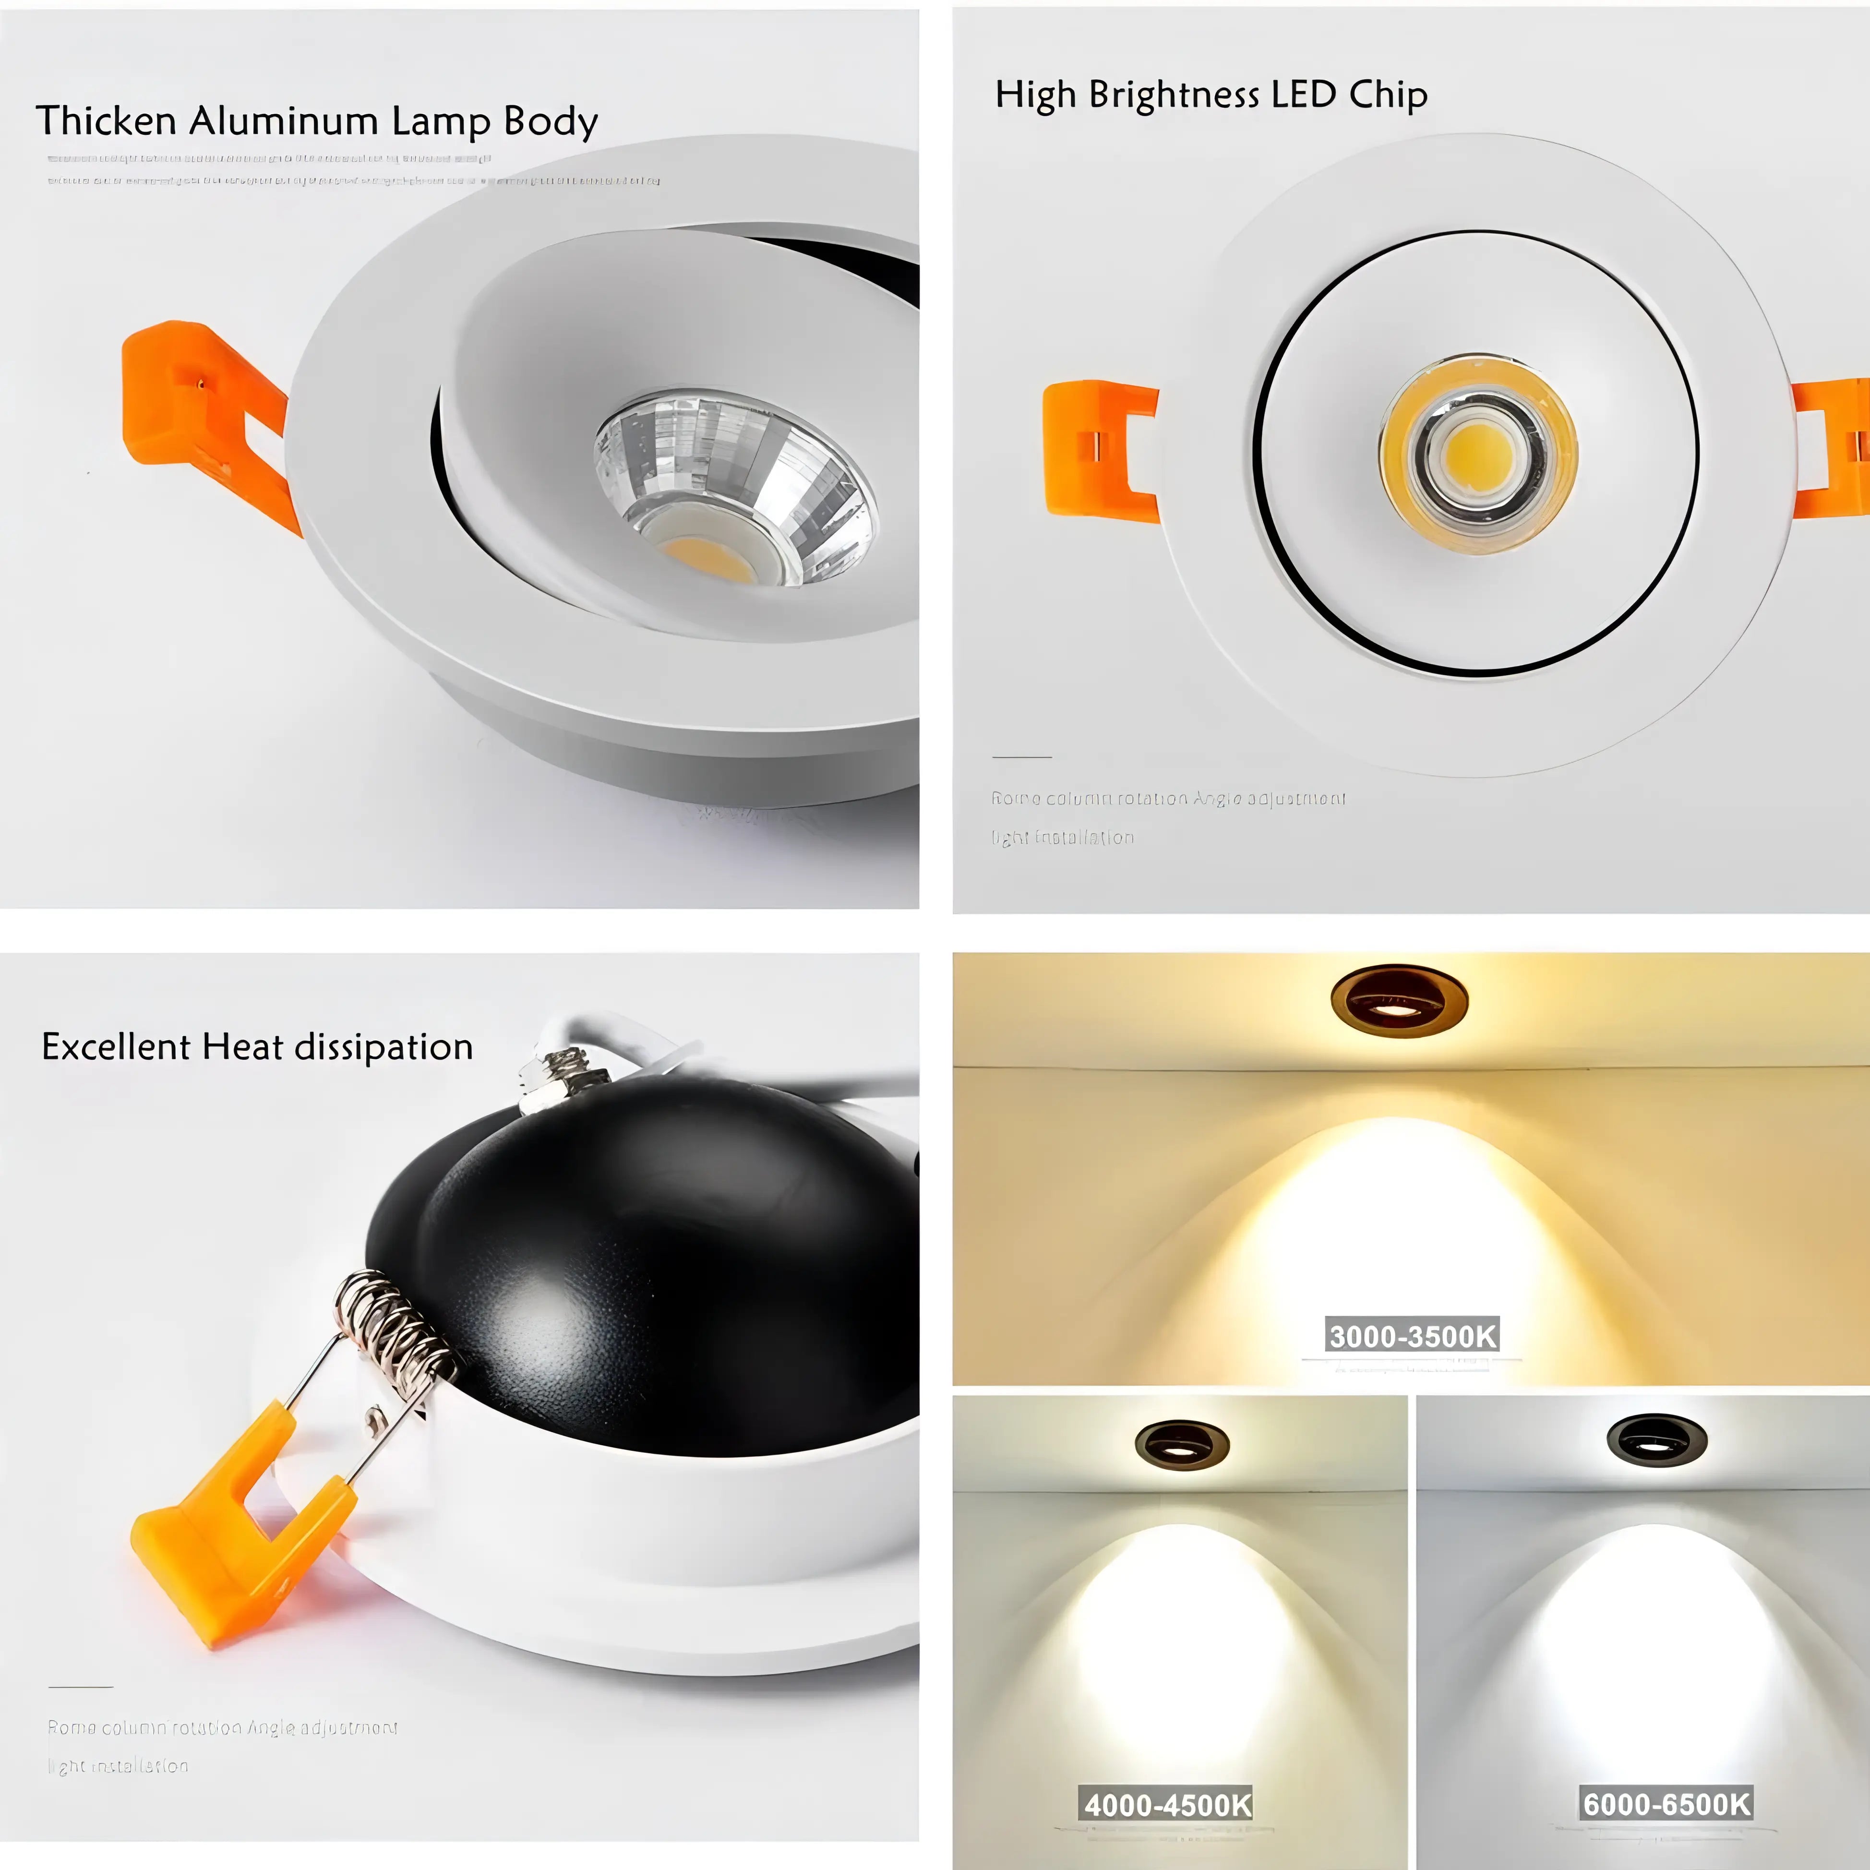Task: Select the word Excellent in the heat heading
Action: pyautogui.click(x=116, y=1047)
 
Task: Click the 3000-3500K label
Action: pyautogui.click(x=1412, y=1336)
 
